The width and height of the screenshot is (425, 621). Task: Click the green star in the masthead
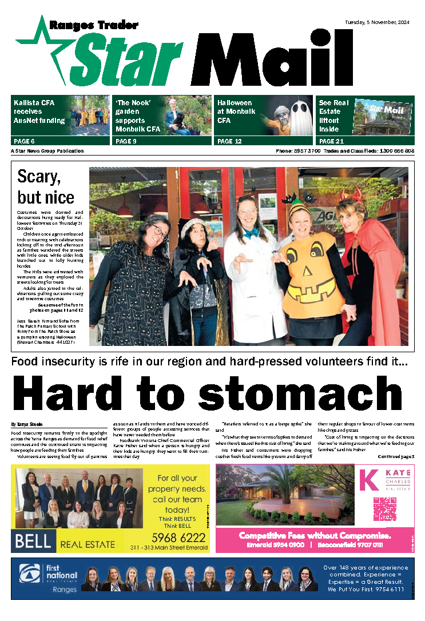click(43, 45)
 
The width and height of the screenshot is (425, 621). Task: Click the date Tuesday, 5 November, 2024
click(379, 22)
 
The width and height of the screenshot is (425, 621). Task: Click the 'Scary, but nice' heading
click(46, 186)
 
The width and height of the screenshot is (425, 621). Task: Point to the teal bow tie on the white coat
click(250, 233)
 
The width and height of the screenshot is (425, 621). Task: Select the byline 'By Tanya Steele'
click(26, 424)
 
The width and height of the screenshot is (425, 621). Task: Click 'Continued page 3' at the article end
click(396, 456)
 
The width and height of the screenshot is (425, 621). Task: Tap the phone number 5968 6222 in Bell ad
click(178, 538)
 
